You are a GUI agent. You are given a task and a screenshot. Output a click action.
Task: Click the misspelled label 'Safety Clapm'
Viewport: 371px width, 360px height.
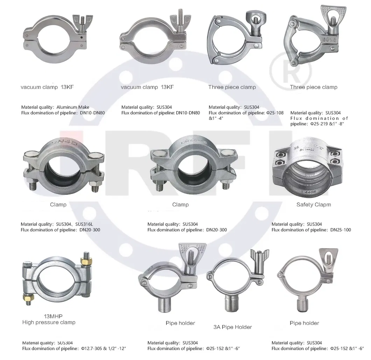[x=314, y=205]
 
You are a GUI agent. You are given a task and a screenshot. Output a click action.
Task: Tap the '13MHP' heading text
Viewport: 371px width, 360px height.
[x=53, y=316]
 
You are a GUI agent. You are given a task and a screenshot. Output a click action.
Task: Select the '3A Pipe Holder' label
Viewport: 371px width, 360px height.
[x=233, y=327]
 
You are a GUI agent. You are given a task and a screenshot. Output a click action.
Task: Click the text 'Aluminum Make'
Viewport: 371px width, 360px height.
[x=73, y=107]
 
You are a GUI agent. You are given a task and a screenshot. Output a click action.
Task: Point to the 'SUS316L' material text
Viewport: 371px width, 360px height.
[x=84, y=224]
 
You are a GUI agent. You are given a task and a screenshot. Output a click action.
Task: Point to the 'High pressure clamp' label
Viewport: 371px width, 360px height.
[x=49, y=323]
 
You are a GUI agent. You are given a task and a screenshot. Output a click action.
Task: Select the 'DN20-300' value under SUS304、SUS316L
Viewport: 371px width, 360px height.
[x=90, y=230]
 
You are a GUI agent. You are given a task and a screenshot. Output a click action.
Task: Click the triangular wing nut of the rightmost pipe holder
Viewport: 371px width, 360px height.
[x=329, y=259]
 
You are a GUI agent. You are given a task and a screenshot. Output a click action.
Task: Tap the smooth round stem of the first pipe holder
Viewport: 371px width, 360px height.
[x=165, y=305]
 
